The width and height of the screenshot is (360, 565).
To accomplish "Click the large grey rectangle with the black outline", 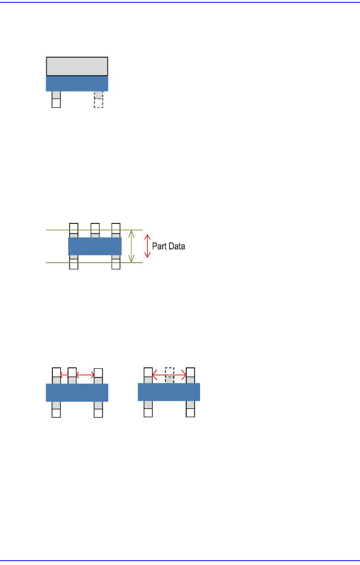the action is tap(77, 66).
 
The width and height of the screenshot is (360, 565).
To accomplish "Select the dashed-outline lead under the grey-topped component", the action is tap(98, 100).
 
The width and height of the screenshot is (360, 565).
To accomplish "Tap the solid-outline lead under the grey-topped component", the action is tap(56, 100).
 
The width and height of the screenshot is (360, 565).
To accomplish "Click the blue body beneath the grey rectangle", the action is tap(77, 83).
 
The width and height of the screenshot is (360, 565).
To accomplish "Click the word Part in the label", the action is tap(158, 246).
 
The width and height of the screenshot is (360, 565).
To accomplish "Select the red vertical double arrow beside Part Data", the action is tap(147, 246).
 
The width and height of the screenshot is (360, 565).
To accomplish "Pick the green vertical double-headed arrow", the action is tap(131, 246).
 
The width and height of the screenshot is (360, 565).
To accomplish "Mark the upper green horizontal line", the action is tap(94, 230).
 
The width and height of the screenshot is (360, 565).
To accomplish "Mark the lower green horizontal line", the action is tap(94, 263).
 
